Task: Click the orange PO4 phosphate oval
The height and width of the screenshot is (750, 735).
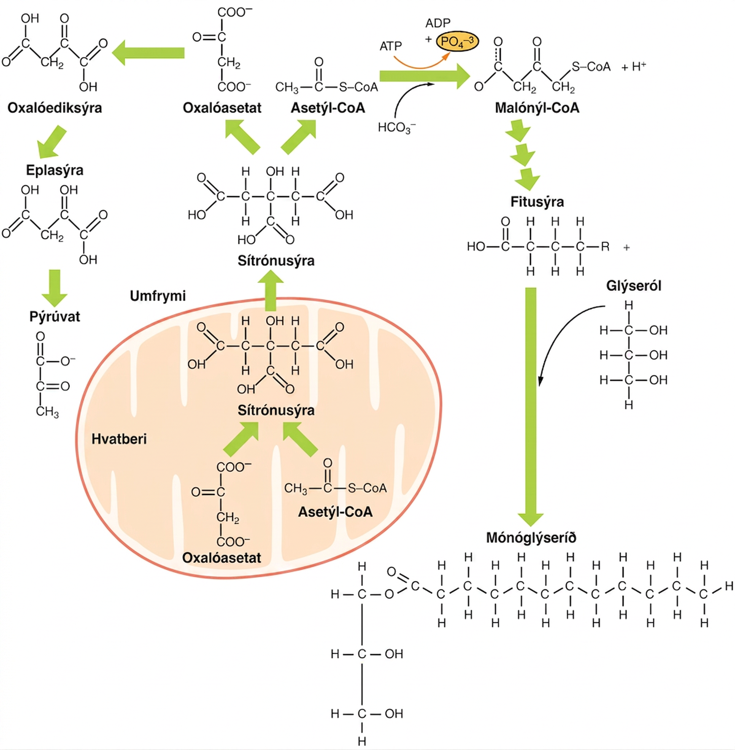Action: [457, 42]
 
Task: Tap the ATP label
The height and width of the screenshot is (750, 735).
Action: [391, 46]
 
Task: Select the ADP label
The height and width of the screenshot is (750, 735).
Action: [438, 23]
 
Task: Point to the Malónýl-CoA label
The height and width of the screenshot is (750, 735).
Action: [537, 108]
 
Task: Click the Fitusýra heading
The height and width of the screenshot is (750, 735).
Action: [537, 202]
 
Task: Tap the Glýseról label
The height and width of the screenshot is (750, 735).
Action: [633, 286]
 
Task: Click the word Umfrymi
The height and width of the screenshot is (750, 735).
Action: [157, 296]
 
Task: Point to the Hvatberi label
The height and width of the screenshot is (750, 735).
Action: [119, 439]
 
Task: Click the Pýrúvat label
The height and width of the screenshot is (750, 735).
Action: [55, 317]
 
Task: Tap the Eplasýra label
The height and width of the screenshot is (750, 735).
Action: [55, 170]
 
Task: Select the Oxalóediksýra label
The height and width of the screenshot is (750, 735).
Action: [55, 108]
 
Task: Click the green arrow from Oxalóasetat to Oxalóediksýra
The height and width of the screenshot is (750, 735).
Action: [148, 53]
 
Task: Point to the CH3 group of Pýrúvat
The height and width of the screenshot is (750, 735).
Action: [47, 412]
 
